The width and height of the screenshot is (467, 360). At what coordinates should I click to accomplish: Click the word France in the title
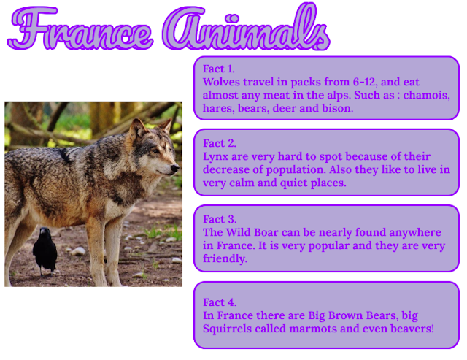pos(80,29)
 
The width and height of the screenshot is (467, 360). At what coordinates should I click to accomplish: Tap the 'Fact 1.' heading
pos(220,69)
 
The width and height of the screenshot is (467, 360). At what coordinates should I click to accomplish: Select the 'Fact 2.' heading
pos(220,143)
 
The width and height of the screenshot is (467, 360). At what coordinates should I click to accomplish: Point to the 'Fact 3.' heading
pos(220,219)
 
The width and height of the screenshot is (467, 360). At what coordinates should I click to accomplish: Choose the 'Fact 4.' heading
pos(220,302)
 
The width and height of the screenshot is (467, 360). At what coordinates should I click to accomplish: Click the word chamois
pos(426,96)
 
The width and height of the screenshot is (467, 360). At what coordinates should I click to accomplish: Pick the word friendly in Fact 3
pos(225,258)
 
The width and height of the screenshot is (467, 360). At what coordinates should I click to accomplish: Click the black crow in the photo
pos(45,249)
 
